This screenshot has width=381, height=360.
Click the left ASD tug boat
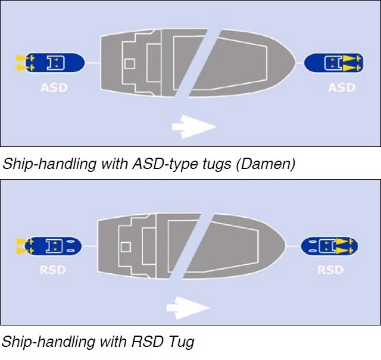(51, 61)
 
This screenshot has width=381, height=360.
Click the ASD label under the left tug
(54, 88)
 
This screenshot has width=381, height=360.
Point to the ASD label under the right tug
(341, 87)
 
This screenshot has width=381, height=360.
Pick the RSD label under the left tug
(53, 270)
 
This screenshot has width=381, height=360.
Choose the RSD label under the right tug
(330, 270)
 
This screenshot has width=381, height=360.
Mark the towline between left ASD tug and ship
(93, 61)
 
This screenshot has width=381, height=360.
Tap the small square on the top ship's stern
(129, 64)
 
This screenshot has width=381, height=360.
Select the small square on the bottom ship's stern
(126, 246)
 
